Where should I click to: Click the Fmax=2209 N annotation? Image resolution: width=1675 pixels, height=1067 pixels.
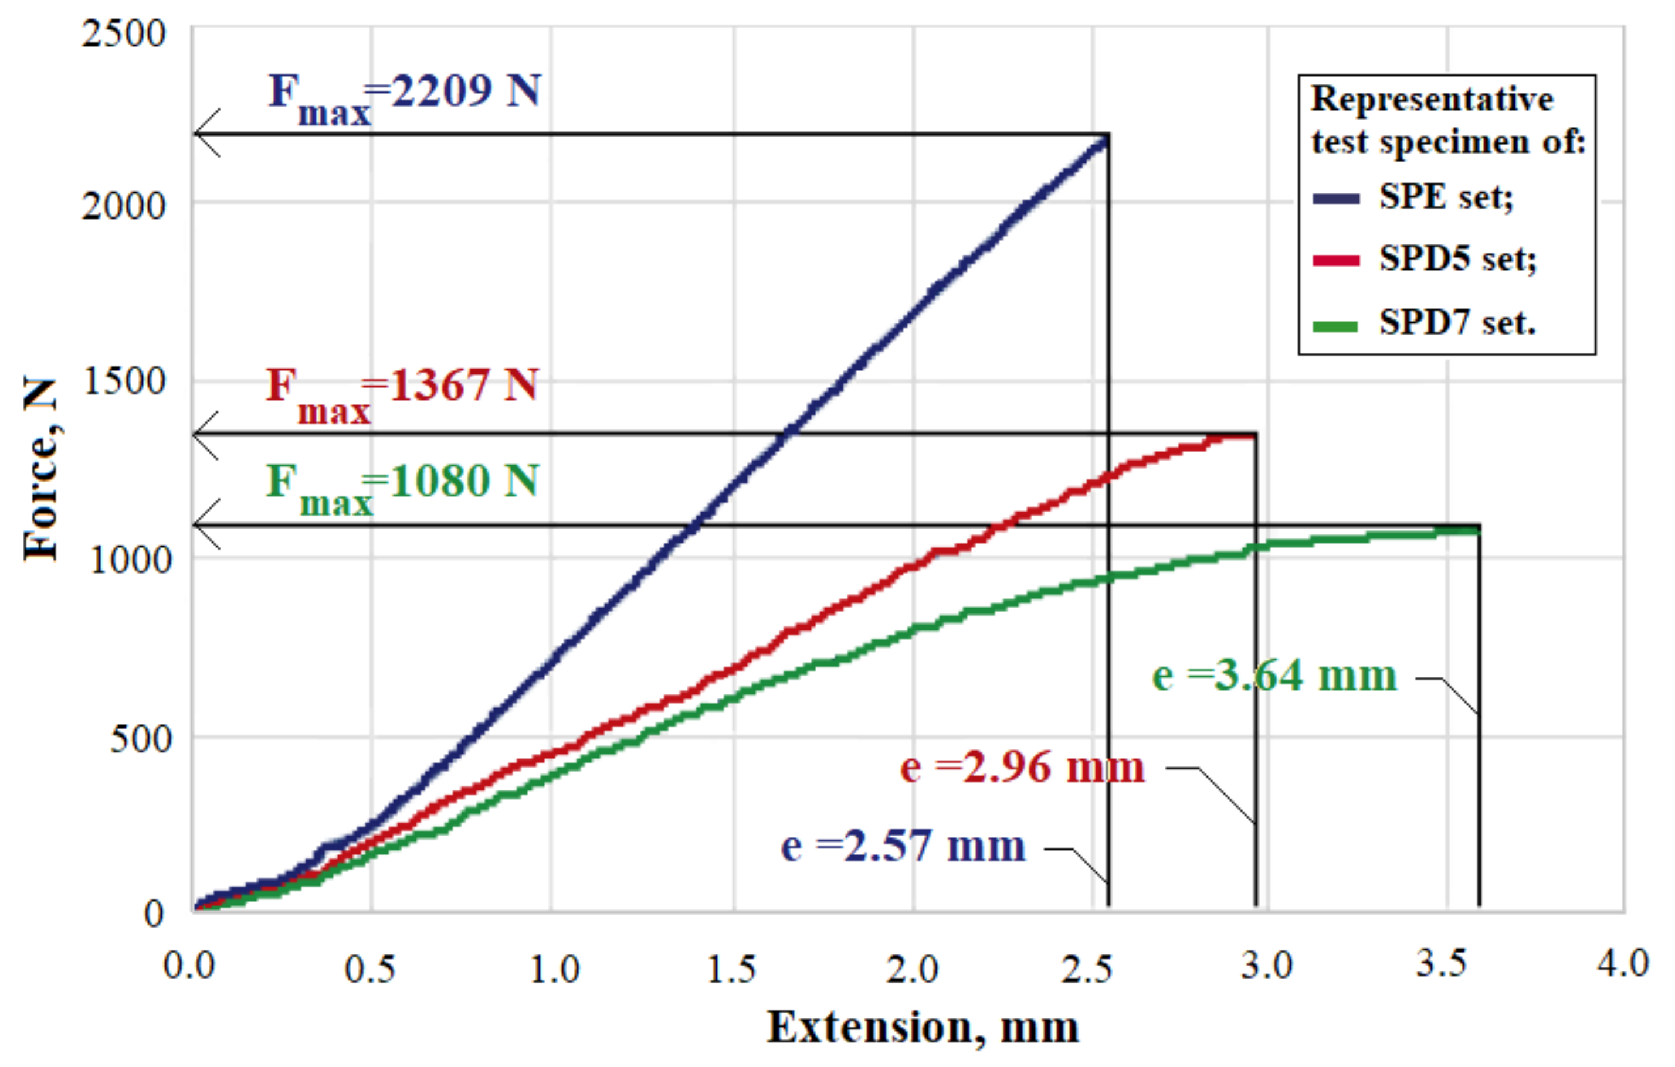click(405, 97)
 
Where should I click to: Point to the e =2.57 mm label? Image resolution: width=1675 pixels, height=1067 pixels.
click(903, 847)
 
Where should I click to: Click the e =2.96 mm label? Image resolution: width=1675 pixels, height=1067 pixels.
click(1022, 768)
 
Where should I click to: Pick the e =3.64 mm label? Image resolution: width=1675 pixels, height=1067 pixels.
click(1274, 676)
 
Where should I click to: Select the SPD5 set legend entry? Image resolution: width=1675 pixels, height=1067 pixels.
click(1457, 259)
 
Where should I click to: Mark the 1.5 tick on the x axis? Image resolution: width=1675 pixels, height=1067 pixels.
click(732, 969)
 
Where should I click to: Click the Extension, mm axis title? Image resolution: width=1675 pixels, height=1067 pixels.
click(923, 1027)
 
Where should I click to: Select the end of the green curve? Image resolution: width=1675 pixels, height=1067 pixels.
click(1476, 531)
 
